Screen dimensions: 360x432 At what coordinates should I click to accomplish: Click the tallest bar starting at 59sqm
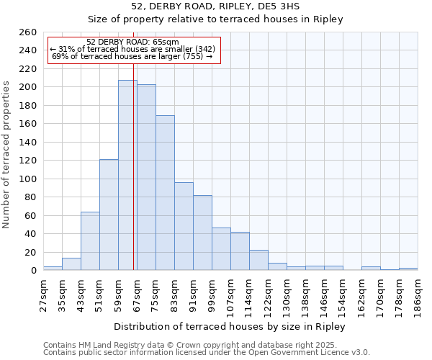tap(127, 175)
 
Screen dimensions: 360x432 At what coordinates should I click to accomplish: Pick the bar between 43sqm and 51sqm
tap(90, 241)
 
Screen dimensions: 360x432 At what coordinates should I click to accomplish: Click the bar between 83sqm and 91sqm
tap(184, 226)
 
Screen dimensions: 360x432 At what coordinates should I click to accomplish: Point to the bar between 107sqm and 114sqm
tap(240, 251)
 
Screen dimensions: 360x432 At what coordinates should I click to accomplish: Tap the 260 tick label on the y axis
tap(28, 32)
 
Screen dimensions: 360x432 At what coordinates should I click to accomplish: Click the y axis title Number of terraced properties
tap(7, 155)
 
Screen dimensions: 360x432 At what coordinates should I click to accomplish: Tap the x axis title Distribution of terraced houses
tap(230, 327)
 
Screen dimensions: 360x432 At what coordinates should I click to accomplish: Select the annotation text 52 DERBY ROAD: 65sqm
tap(132, 42)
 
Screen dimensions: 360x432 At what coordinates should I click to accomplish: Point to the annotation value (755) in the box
tap(194, 56)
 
